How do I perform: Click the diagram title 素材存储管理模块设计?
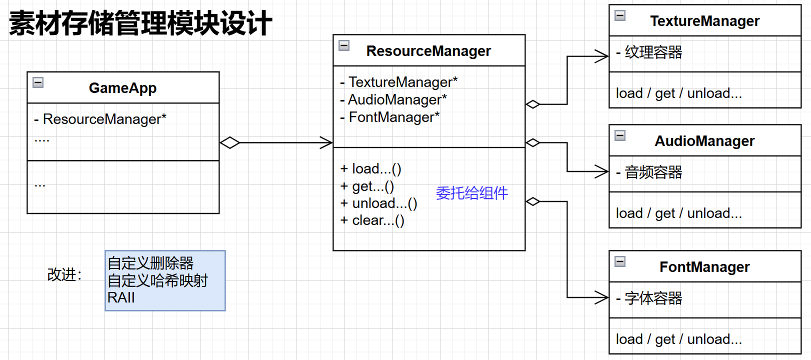click(140, 23)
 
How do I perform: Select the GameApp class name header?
click(122, 88)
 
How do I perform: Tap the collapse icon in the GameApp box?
click(38, 82)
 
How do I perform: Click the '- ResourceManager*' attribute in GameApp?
click(100, 119)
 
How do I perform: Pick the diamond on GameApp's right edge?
click(229, 142)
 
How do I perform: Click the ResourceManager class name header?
click(428, 51)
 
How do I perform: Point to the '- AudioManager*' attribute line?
click(393, 99)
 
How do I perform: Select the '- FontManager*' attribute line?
click(390, 117)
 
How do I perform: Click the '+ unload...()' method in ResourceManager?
click(379, 203)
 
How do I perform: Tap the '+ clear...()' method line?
click(372, 220)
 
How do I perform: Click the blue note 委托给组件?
click(471, 193)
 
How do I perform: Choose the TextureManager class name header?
click(704, 21)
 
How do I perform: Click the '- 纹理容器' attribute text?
click(649, 52)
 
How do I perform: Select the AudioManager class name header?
click(704, 141)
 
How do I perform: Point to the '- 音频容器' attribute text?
click(649, 172)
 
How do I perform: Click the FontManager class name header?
click(704, 267)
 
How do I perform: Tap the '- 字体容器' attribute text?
click(649, 298)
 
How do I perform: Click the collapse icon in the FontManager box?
click(620, 261)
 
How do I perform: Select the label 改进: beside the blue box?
click(64, 274)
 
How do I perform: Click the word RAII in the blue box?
click(121, 297)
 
